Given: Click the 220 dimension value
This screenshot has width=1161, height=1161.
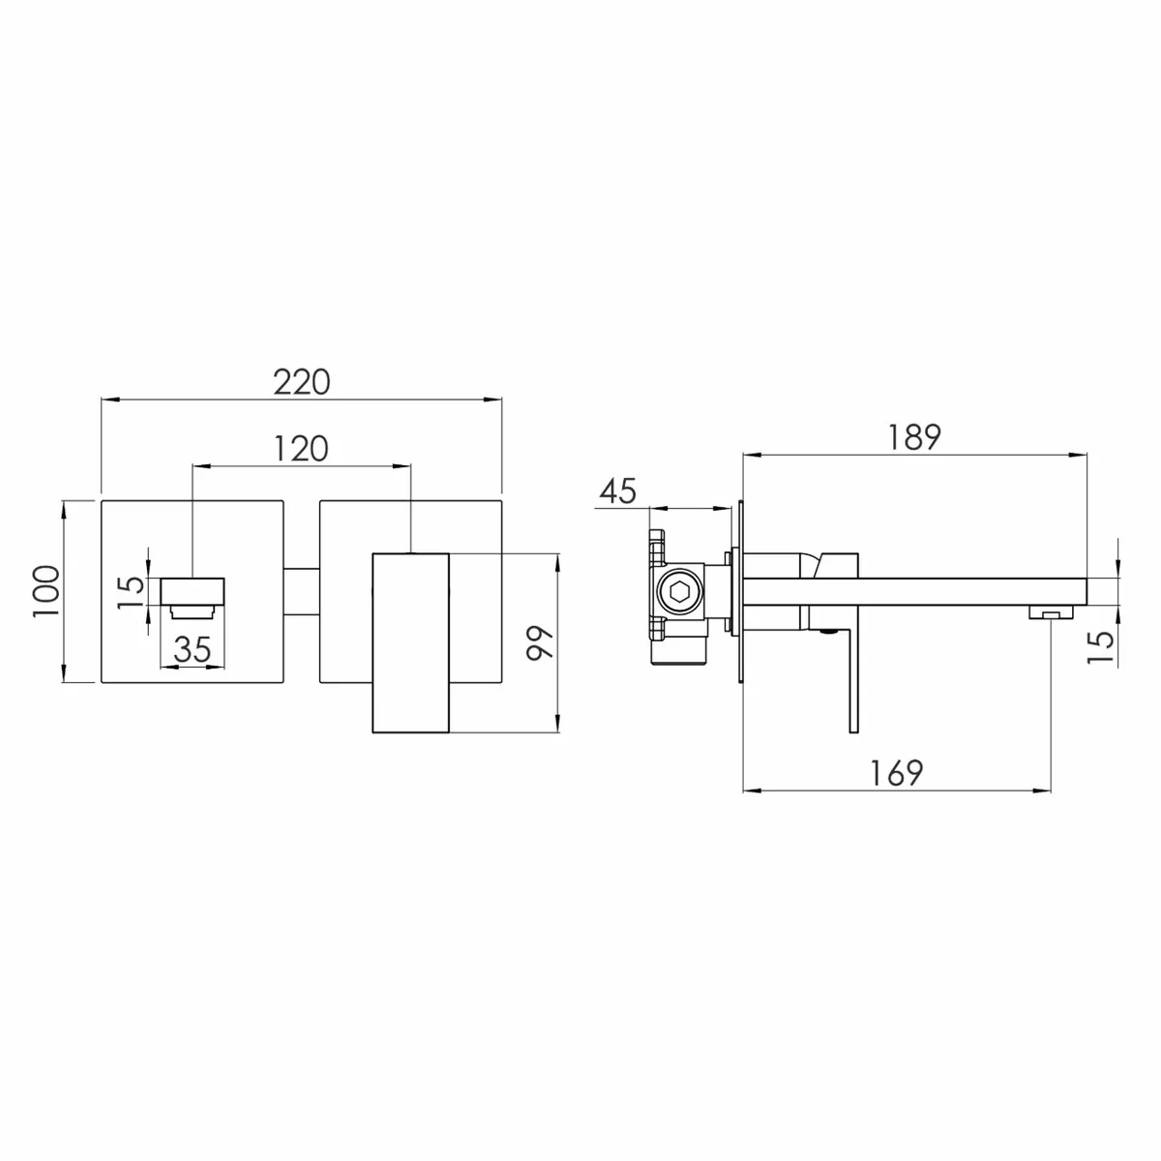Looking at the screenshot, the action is point(302,382).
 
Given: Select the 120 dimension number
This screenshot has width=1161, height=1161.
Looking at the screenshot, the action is point(301,449).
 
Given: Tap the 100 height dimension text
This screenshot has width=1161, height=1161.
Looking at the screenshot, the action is point(46,590).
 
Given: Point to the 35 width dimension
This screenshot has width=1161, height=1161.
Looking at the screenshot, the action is point(193,649).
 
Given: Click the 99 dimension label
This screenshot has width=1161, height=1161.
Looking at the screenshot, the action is point(540,643).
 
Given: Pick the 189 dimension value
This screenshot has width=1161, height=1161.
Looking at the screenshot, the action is point(914,436).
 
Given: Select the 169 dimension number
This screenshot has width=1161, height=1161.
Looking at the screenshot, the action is point(897,773).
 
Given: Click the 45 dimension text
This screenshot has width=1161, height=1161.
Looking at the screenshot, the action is point(618,491).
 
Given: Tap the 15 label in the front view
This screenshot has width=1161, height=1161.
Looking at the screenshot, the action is point(132,592).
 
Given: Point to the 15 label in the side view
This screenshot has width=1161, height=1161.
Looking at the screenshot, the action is point(1100,647).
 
